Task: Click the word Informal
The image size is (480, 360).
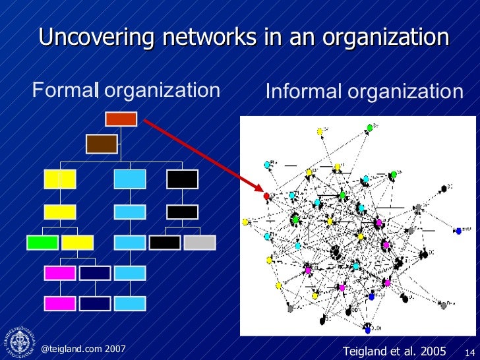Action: tap(303, 92)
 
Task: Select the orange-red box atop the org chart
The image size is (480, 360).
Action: tap(121, 119)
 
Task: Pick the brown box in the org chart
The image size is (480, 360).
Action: tap(102, 143)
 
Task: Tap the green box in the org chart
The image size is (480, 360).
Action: tap(43, 242)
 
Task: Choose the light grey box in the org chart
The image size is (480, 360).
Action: tap(199, 242)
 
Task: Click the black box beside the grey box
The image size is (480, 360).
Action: tap(165, 242)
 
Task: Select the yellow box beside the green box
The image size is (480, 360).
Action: tap(77, 242)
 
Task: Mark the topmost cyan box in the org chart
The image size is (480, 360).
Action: tap(130, 179)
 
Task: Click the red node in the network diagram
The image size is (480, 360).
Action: tap(266, 196)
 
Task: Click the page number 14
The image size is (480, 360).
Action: tap(471, 351)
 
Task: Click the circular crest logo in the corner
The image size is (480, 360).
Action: tap(18, 342)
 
